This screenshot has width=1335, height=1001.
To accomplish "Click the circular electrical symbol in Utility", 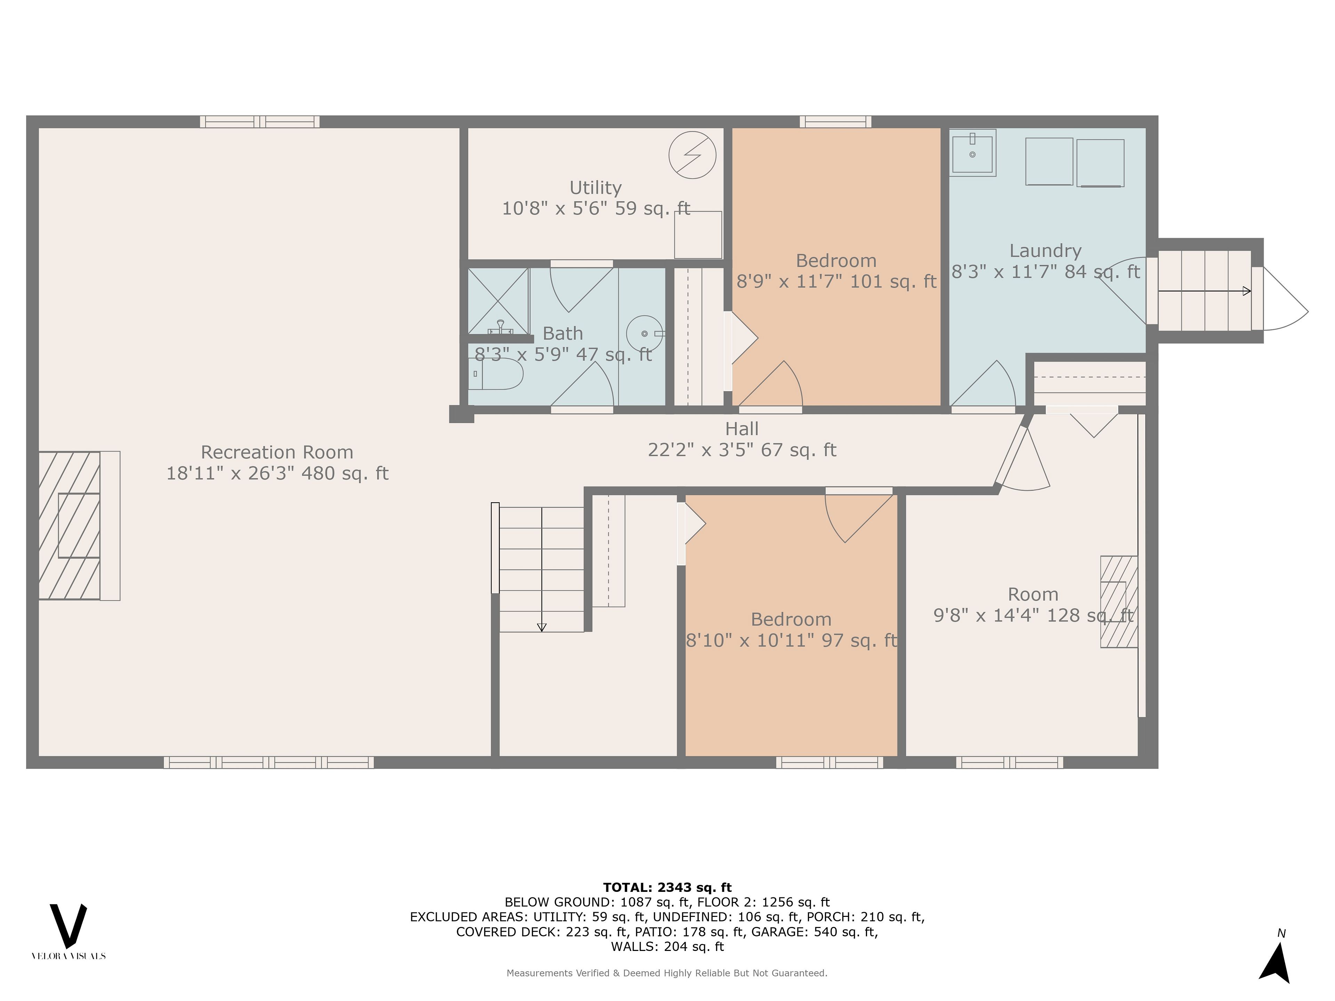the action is point(692,155).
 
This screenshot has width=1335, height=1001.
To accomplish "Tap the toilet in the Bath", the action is point(495,374).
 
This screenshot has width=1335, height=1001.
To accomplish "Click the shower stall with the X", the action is point(499,301).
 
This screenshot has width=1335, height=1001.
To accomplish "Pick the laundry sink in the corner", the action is point(972,153).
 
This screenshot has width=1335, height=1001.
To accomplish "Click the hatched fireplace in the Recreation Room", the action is point(79,526).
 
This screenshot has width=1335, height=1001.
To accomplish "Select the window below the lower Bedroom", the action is point(829,762).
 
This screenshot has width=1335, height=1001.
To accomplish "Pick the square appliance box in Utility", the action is point(698,235).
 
